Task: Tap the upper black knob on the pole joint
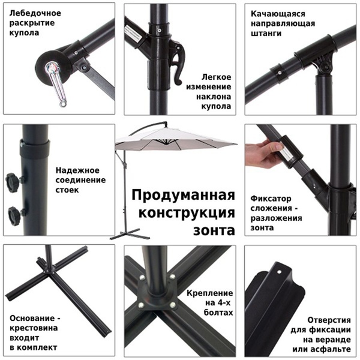point(13,181)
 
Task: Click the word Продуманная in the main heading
point(182,196)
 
